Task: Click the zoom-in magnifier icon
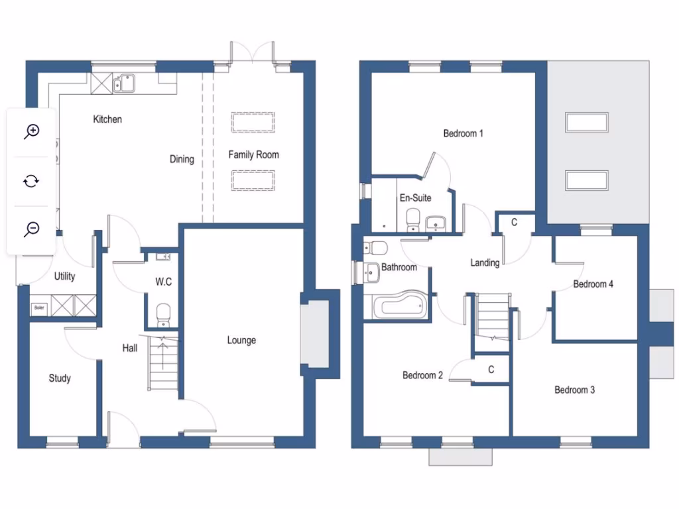pyautogui.click(x=31, y=131)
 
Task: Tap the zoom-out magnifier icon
pyautogui.click(x=31, y=229)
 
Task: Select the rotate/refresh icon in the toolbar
pyautogui.click(x=31, y=180)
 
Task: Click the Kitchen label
pyautogui.click(x=107, y=119)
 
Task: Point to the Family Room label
pyautogui.click(x=253, y=154)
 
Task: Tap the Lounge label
pyautogui.click(x=241, y=340)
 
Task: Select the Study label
pyautogui.click(x=60, y=378)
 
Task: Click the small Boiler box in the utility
pyautogui.click(x=38, y=308)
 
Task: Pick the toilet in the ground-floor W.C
pyautogui.click(x=162, y=313)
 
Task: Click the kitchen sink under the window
pyautogui.click(x=124, y=83)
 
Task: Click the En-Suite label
pyautogui.click(x=415, y=198)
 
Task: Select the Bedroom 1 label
pyautogui.click(x=463, y=133)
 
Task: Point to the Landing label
pyautogui.click(x=485, y=262)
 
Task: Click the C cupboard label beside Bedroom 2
pyautogui.click(x=491, y=369)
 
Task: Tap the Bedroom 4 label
pyautogui.click(x=593, y=284)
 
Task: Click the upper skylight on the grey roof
pyautogui.click(x=587, y=123)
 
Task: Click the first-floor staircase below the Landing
pyautogui.click(x=492, y=317)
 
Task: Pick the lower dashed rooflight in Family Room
pyautogui.click(x=253, y=180)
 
